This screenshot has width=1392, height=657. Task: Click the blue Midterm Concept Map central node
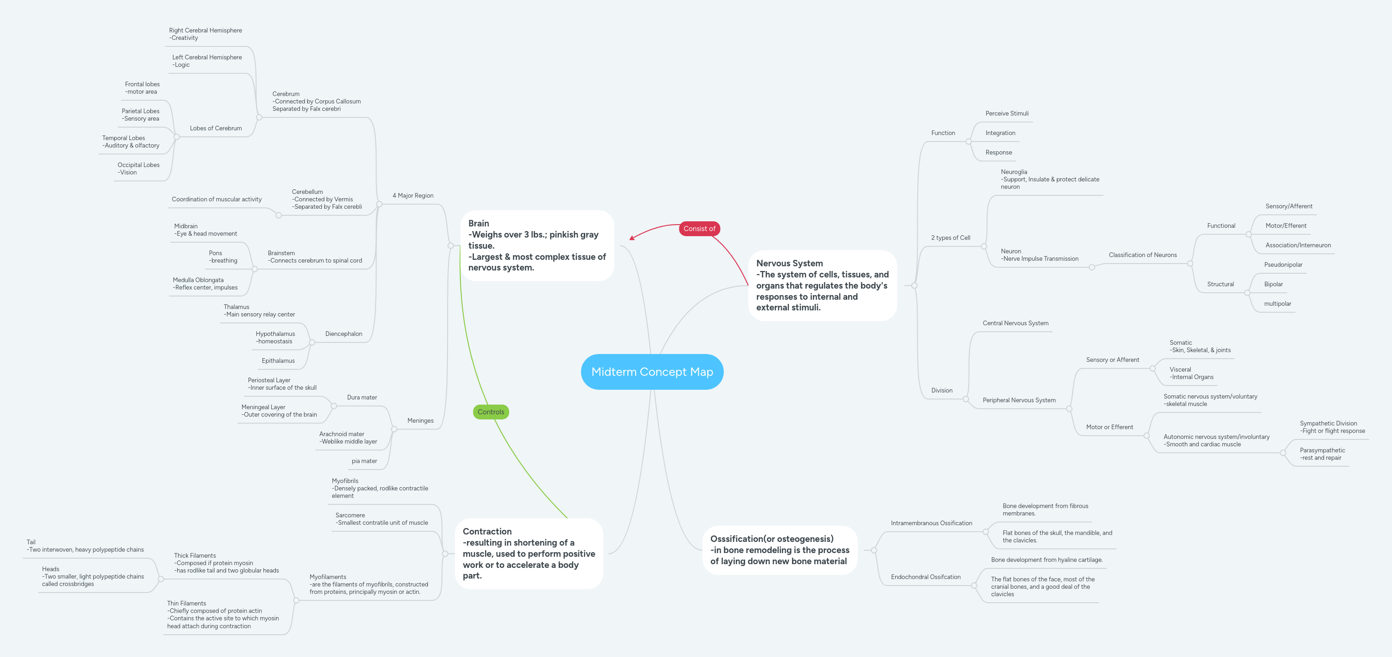[x=651, y=372]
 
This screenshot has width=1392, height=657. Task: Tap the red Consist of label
[x=699, y=229]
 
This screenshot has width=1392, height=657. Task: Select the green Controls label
[x=490, y=412]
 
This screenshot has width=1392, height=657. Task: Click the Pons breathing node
[x=223, y=257]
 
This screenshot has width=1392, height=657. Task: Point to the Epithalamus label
[x=278, y=361]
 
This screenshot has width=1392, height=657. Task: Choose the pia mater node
[x=364, y=461]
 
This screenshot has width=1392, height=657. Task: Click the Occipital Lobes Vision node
[x=138, y=169]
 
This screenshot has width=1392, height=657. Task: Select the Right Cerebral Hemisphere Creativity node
[x=205, y=34]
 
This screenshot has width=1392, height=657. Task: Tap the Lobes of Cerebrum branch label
[x=216, y=128]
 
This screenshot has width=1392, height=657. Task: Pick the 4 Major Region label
[x=412, y=196]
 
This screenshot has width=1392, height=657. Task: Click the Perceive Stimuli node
[x=1006, y=114]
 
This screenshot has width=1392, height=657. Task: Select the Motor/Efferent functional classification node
[x=1285, y=226]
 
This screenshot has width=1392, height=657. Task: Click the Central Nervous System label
[x=1015, y=323]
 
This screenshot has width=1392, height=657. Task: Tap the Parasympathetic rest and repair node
[x=1322, y=454]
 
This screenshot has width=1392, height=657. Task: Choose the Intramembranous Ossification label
[x=931, y=523]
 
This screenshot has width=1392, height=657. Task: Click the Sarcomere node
[x=381, y=519]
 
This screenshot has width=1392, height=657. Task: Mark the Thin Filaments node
[x=222, y=615]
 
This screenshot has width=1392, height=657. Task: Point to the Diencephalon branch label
[x=343, y=334]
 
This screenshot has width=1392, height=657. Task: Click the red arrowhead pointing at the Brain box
[x=632, y=238]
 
